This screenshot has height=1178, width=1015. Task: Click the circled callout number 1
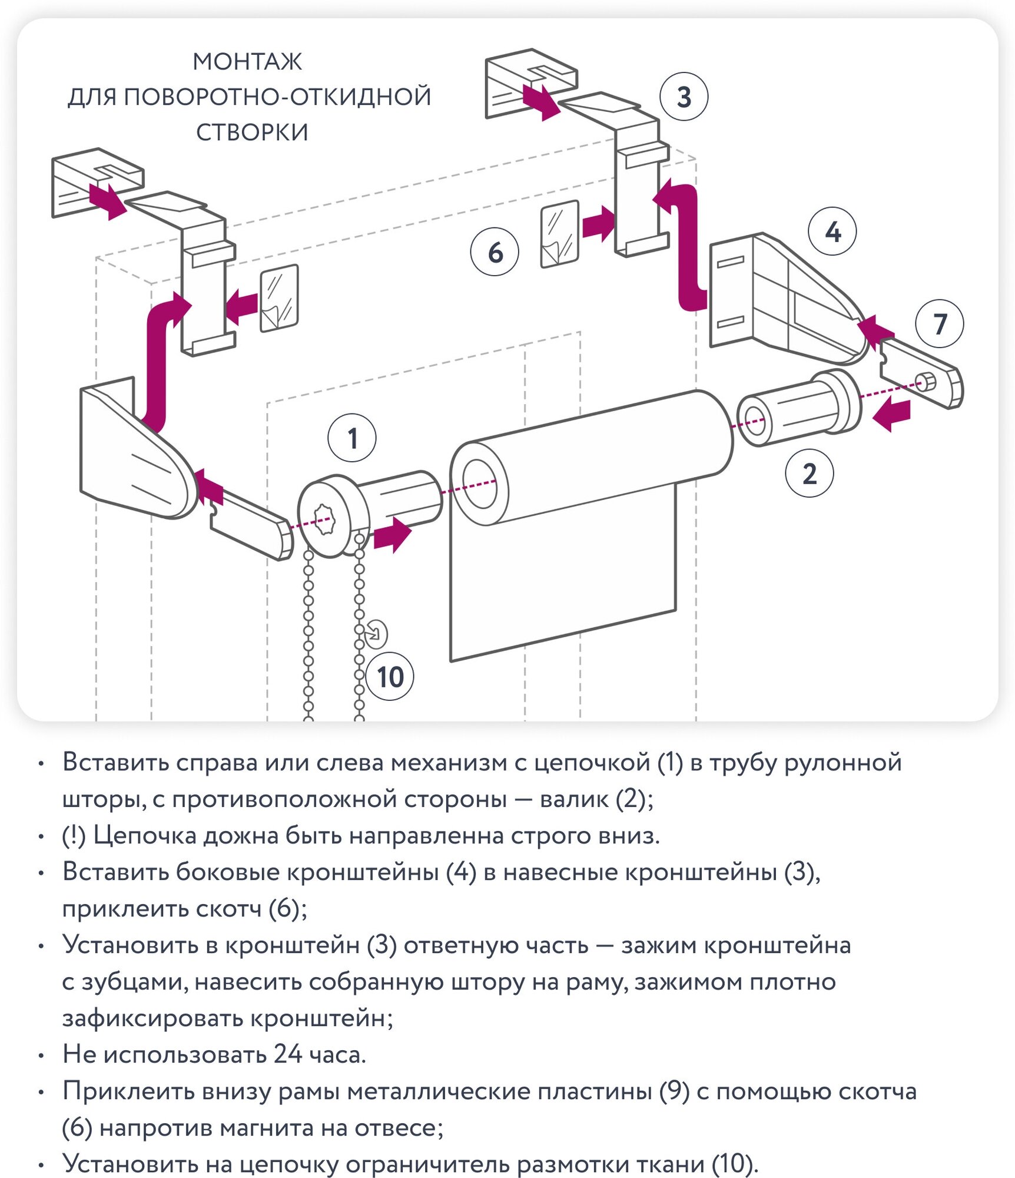352,438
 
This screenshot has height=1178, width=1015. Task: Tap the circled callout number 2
810,474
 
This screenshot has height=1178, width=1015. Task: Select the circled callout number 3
684,97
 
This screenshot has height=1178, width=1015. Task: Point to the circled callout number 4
832,231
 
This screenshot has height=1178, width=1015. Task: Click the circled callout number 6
495,252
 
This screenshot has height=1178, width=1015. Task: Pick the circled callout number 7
940,323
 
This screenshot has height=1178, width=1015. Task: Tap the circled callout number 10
390,677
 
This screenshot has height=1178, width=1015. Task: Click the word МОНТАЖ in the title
247,62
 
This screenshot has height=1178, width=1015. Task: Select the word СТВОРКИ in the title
252,133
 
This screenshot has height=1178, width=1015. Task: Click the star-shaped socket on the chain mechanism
323,519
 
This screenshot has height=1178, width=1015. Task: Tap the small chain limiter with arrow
375,634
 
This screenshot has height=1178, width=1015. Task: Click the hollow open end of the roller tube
480,484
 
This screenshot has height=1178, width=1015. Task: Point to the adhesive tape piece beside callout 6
559,234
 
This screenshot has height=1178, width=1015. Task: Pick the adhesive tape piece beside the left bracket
279,297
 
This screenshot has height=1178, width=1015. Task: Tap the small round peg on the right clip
926,382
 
